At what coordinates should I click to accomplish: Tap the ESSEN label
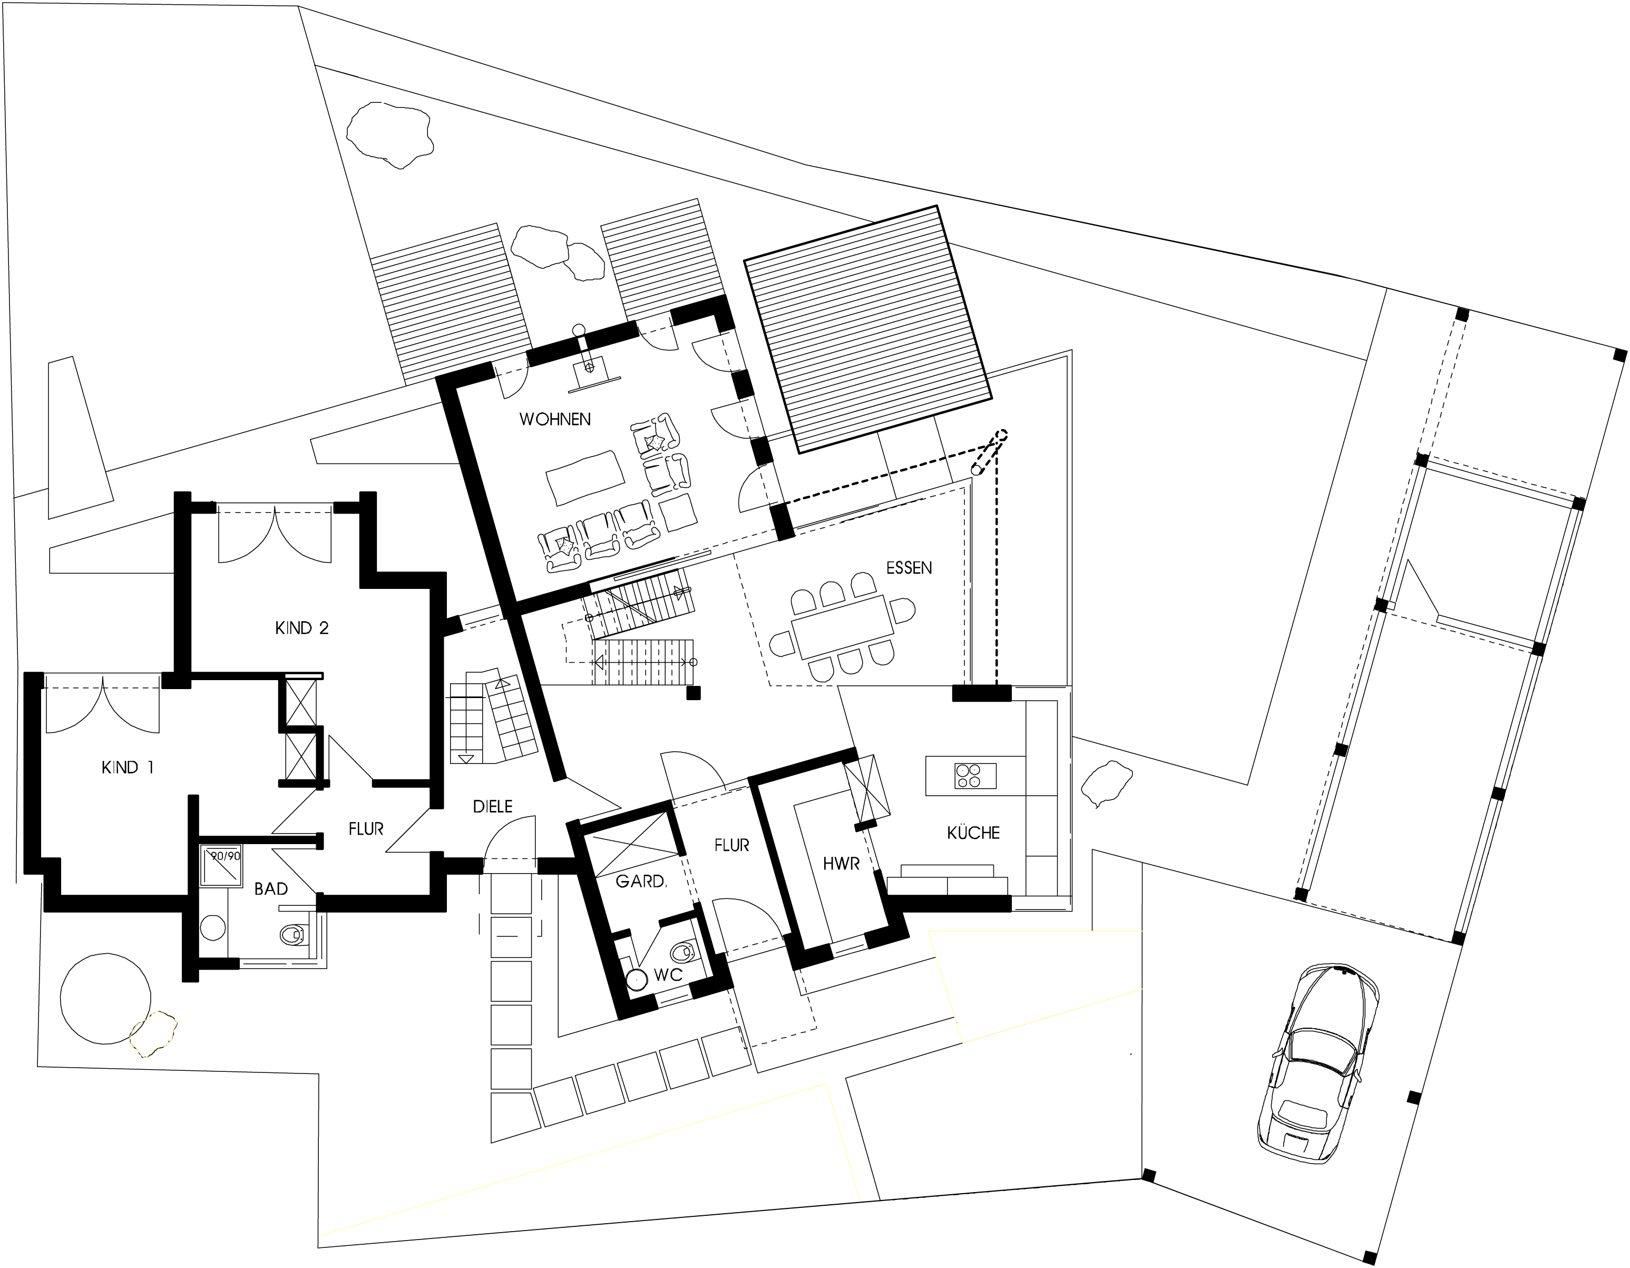coord(909,568)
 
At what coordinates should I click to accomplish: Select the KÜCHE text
coord(973,833)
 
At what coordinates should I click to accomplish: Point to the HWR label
coord(841,864)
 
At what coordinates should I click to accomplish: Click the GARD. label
coord(641,881)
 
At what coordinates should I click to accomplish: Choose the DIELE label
coord(493,807)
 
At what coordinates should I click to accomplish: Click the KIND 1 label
coord(128,767)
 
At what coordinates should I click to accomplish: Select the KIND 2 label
coord(301,628)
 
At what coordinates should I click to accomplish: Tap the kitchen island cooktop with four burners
coord(975,776)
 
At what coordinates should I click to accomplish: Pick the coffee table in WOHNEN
coord(585,478)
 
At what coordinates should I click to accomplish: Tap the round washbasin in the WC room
coord(637,980)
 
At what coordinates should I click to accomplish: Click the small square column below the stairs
coord(694,693)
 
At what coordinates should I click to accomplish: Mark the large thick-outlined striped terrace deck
coord(868,330)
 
